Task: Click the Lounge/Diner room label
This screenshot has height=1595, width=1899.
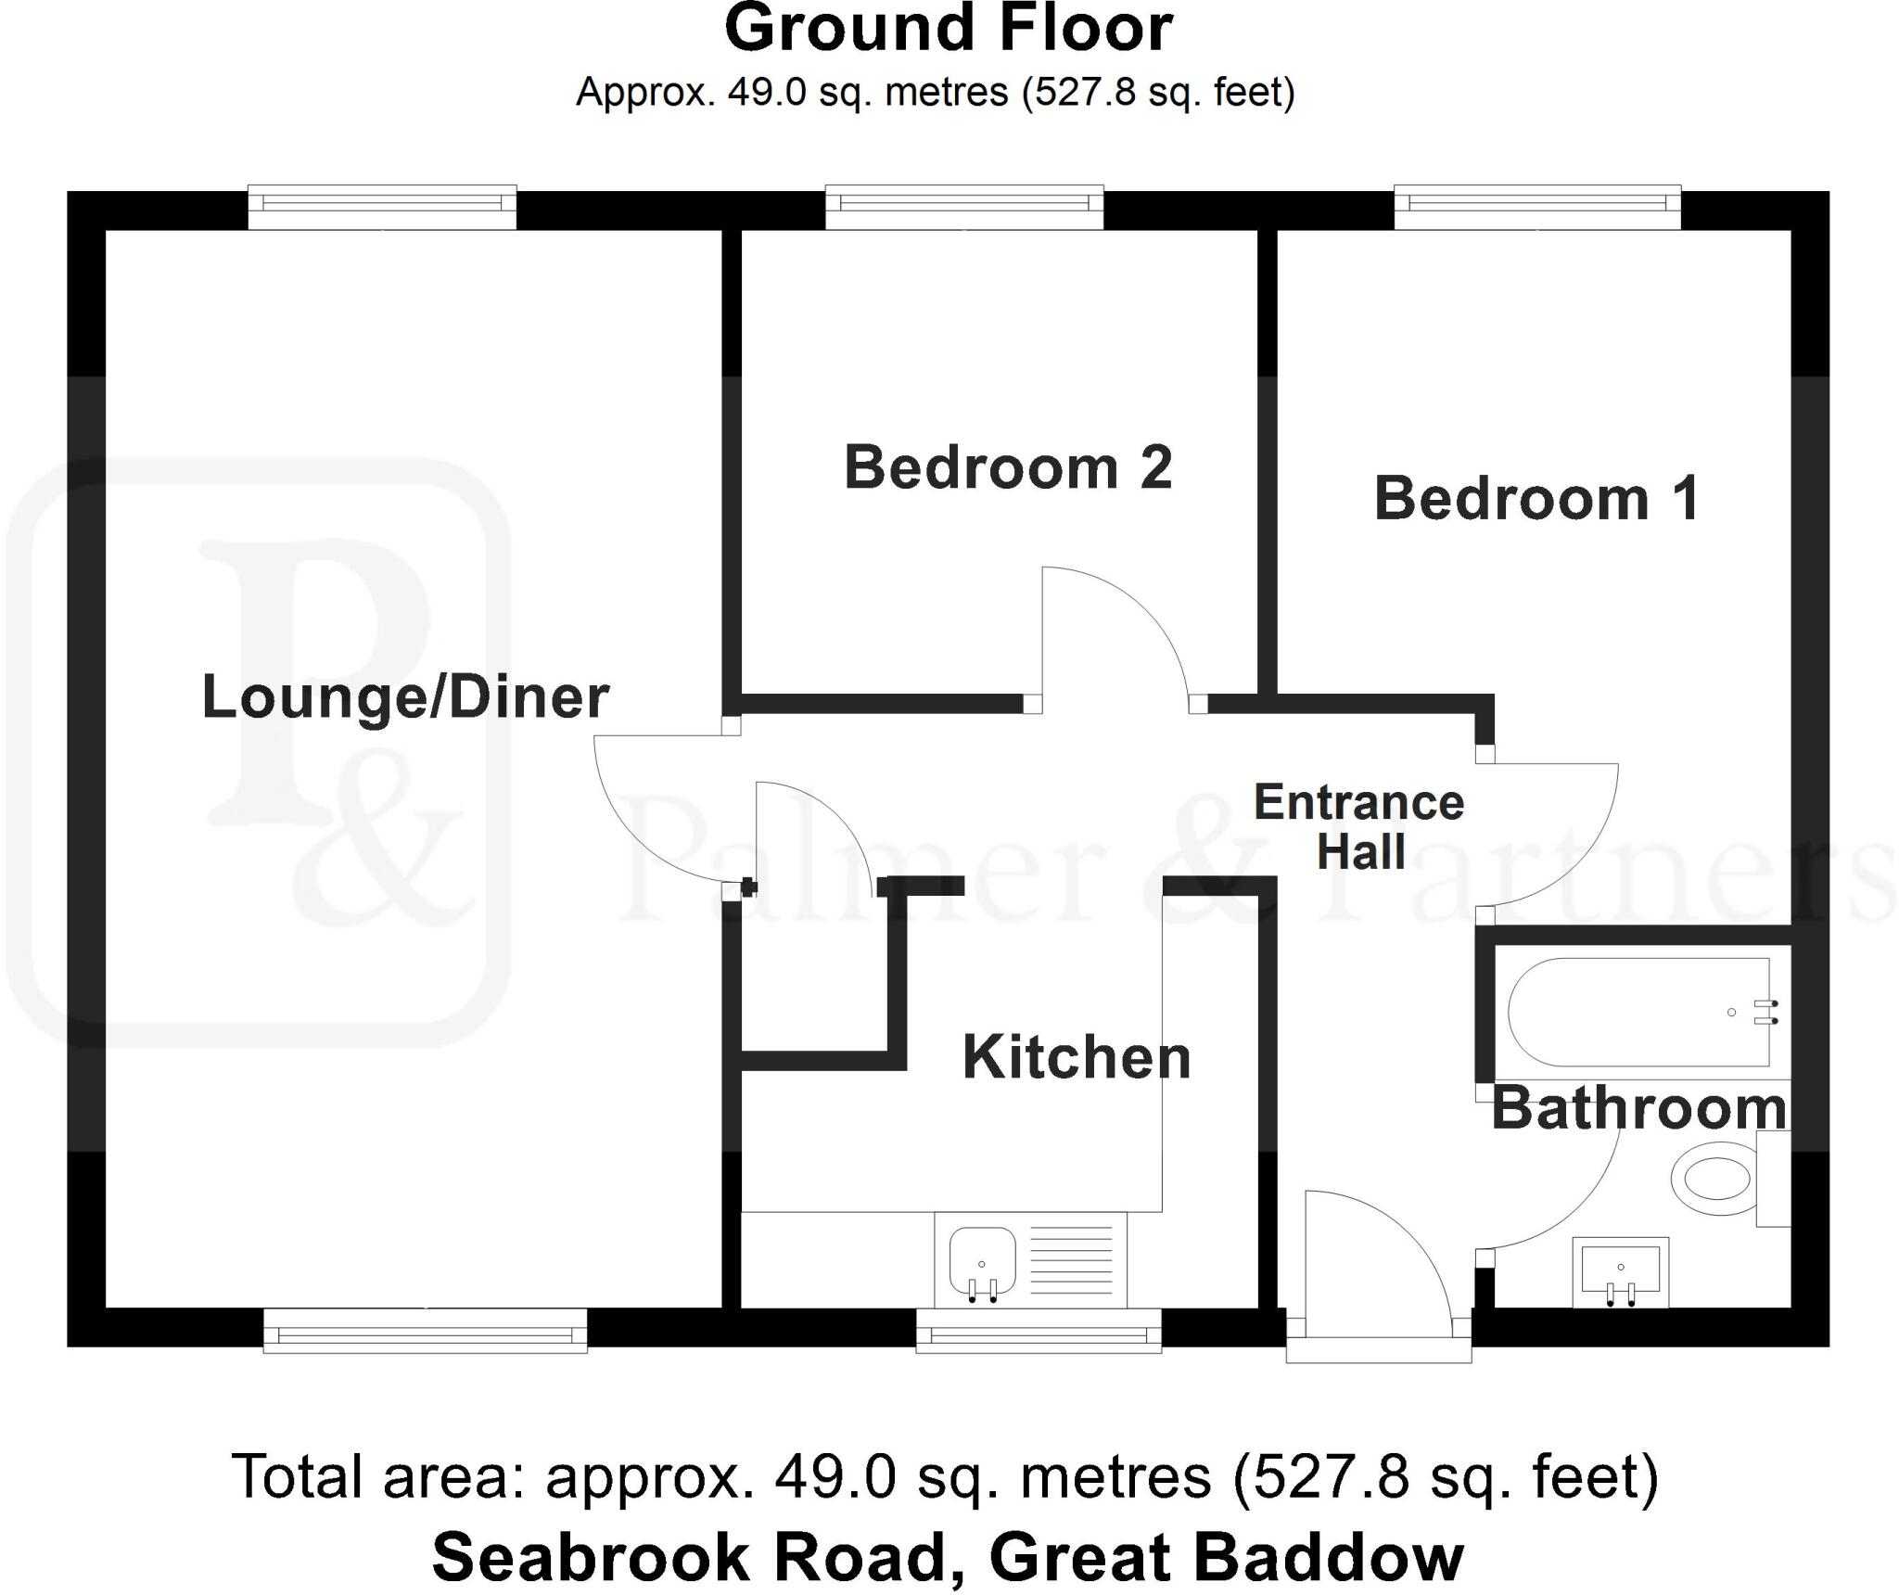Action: pyautogui.click(x=405, y=697)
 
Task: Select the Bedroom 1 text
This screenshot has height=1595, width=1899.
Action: pyautogui.click(x=1536, y=498)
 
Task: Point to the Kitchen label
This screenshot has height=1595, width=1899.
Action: pyautogui.click(x=1077, y=1057)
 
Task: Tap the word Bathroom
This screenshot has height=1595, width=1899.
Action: pyautogui.click(x=1638, y=1108)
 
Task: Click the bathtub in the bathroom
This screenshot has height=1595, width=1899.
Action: pyautogui.click(x=1638, y=1013)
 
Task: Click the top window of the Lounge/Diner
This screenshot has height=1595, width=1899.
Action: pyautogui.click(x=382, y=207)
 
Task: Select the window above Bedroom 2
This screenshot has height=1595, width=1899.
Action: pyautogui.click(x=964, y=207)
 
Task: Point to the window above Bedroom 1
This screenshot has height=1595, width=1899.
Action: pyautogui.click(x=1537, y=207)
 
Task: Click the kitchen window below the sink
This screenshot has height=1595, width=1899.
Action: pyautogui.click(x=1039, y=1332)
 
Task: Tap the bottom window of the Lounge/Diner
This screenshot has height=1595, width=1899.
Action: pyautogui.click(x=425, y=1332)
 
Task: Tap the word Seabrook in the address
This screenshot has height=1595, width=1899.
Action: pyautogui.click(x=590, y=1557)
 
